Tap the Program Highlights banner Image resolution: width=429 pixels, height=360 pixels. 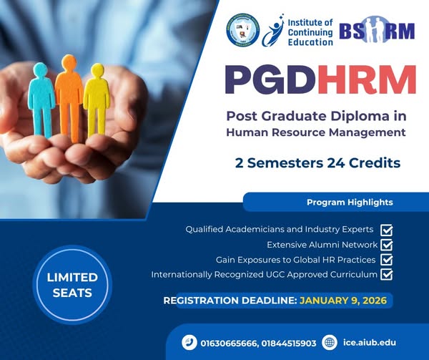pyautogui.click(x=350, y=203)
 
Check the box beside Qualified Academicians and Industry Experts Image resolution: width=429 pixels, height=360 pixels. pyautogui.click(x=387, y=230)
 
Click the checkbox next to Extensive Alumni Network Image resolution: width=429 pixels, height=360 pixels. pyautogui.click(x=387, y=245)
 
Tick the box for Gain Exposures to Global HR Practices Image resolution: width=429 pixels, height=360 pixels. pyautogui.click(x=387, y=260)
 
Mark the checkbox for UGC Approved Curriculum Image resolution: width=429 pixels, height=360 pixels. pyautogui.click(x=387, y=275)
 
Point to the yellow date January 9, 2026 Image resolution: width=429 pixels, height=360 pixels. pyautogui.click(x=343, y=301)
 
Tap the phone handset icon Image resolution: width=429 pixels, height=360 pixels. pyautogui.click(x=189, y=343)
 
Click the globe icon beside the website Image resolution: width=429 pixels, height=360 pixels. pyautogui.click(x=329, y=343)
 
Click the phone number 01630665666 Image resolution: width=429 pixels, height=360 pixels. pyautogui.click(x=230, y=343)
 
